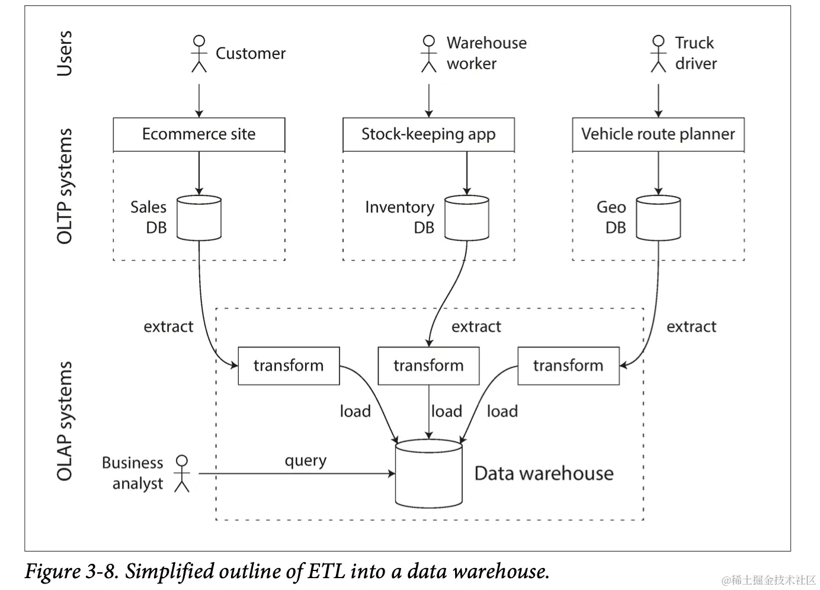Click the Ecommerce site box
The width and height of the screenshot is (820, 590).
[x=198, y=134]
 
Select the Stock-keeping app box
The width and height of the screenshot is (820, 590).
[x=429, y=134]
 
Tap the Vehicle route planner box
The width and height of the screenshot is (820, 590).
[x=658, y=134]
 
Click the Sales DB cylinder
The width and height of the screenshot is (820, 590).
[x=198, y=218]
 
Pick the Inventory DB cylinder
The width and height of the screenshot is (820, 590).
[x=467, y=218]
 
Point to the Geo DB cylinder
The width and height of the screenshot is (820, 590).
[x=658, y=218]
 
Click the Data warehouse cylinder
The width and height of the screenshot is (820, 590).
[x=429, y=474]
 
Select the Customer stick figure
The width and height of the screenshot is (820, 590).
[x=199, y=54]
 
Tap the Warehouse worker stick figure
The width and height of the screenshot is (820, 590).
[x=429, y=54]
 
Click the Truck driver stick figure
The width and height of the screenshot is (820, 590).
[x=658, y=54]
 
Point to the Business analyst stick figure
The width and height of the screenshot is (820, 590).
[x=181, y=474]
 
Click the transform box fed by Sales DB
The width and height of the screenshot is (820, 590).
[x=289, y=365]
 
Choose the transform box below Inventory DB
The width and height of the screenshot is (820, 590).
[x=429, y=365]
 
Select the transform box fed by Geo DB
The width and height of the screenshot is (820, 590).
[x=569, y=365]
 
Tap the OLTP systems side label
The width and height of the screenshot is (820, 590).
[x=65, y=186]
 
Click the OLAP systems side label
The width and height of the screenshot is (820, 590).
[x=65, y=421]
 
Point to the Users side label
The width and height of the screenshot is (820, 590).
[x=65, y=53]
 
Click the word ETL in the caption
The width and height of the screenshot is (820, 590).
[x=326, y=571]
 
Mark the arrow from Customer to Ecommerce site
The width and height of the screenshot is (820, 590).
[x=199, y=101]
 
